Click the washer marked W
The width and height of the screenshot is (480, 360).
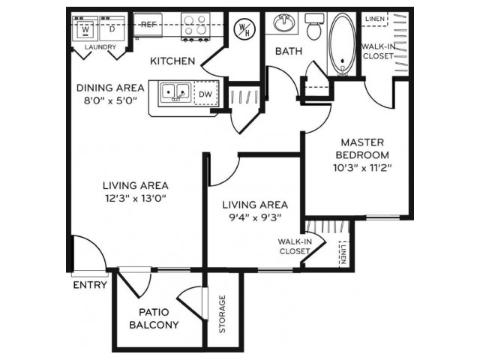(85, 28)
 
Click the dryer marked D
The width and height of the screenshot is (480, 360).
(112, 28)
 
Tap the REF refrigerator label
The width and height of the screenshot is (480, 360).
(148, 24)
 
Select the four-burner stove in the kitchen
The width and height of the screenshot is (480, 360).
(195, 26)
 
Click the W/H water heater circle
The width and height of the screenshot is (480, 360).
(244, 29)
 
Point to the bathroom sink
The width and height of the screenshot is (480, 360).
(284, 23)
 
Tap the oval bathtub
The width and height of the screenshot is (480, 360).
(343, 44)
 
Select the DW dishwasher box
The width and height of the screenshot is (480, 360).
(205, 93)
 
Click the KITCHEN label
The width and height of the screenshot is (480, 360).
(172, 61)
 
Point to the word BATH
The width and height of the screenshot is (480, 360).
(289, 51)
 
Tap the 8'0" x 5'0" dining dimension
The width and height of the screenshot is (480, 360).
(110, 100)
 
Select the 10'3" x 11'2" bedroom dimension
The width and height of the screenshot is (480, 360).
(363, 168)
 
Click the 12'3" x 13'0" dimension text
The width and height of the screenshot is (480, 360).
(136, 198)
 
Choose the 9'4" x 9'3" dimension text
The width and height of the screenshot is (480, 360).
(255, 217)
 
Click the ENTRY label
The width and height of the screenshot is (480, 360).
(90, 285)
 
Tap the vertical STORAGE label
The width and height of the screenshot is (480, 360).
(223, 313)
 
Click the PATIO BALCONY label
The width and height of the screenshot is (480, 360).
(154, 318)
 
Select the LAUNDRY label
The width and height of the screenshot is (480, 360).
(100, 47)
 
